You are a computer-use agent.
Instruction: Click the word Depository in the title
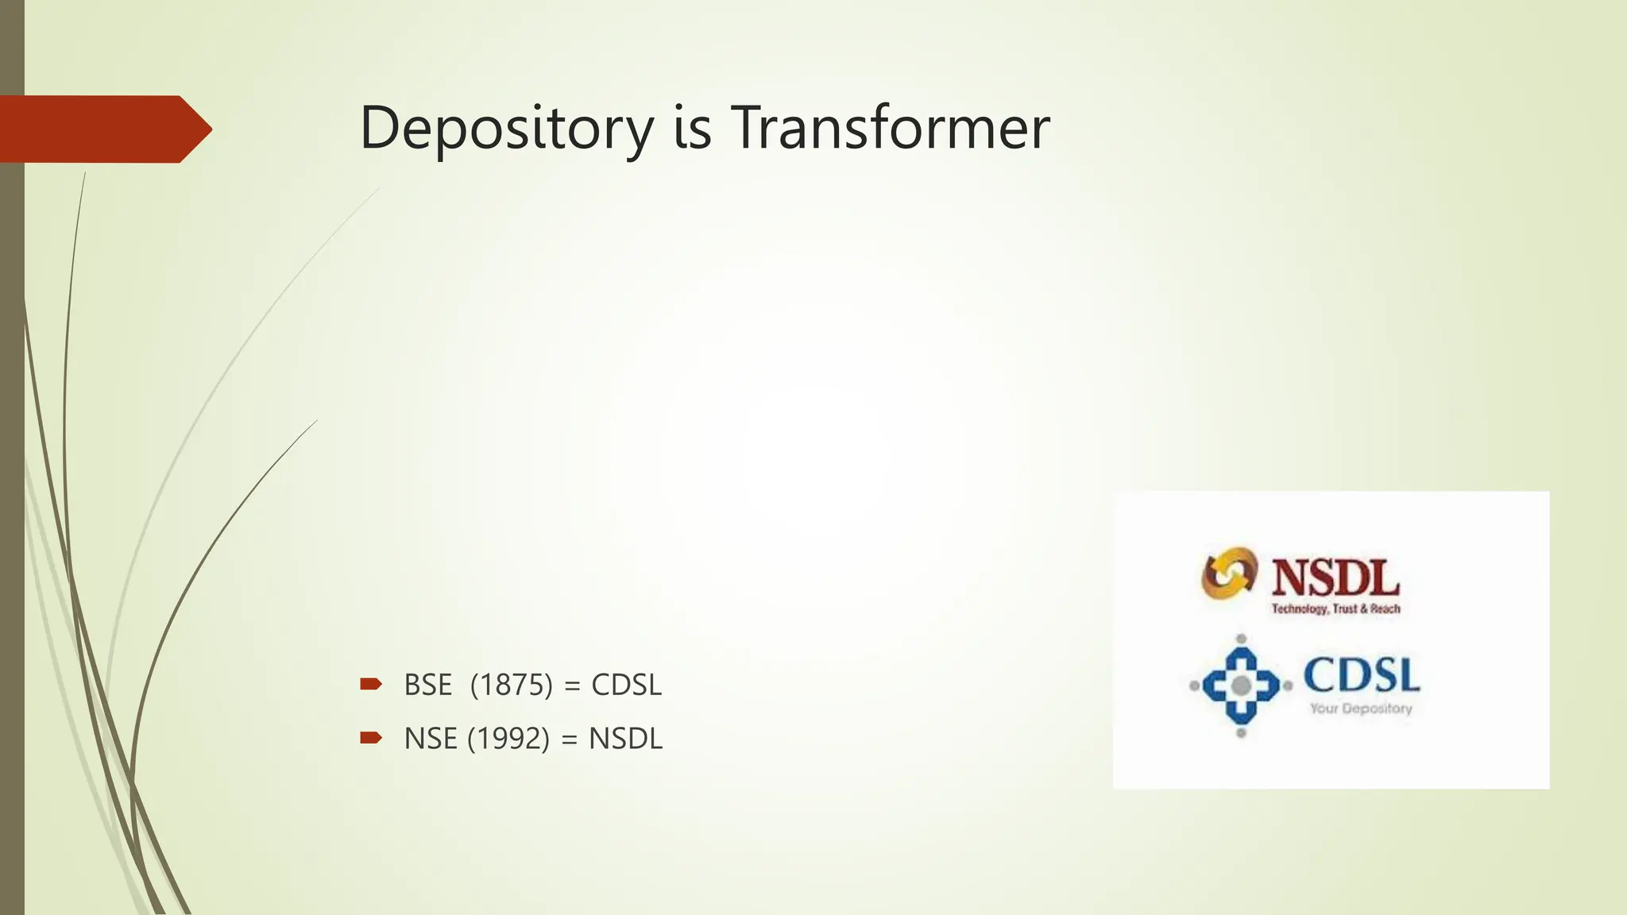[x=506, y=129]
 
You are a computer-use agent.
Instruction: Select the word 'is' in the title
[x=692, y=129]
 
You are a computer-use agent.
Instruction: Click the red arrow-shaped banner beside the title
[x=103, y=129]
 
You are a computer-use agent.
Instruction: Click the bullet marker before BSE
[x=370, y=684]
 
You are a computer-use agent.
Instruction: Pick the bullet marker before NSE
[x=370, y=738]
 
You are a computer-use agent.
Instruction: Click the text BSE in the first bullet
[x=427, y=685]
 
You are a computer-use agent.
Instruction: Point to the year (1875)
[x=511, y=685]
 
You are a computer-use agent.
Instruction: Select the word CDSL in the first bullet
[x=626, y=685]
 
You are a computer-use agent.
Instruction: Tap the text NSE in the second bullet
[x=430, y=739]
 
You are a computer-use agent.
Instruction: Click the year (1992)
[x=508, y=739]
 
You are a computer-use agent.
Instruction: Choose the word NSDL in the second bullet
[x=625, y=739]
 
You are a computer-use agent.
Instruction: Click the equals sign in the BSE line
[x=571, y=685]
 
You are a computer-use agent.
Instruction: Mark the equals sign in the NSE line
[x=569, y=739]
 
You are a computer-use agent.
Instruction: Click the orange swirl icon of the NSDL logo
[x=1229, y=573]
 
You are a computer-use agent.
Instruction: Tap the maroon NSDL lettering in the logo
[x=1335, y=577]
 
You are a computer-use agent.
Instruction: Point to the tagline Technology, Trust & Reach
[x=1335, y=609]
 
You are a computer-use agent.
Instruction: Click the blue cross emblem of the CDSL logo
[x=1241, y=685]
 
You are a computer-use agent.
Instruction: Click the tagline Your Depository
[x=1361, y=708]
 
